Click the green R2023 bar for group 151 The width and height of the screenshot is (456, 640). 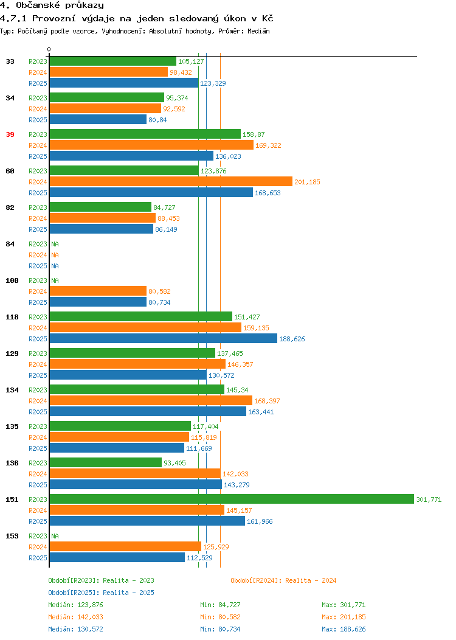(x=232, y=499)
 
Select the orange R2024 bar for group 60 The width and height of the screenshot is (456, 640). (x=171, y=182)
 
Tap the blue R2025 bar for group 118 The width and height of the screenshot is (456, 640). (x=163, y=338)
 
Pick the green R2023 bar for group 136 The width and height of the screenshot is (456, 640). (x=106, y=462)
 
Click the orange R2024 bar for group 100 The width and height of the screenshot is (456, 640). (x=98, y=291)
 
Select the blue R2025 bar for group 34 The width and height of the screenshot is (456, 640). (x=98, y=120)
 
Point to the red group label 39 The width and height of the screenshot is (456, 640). (x=10, y=134)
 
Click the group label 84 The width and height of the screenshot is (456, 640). (x=10, y=244)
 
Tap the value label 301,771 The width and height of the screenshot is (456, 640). (x=429, y=499)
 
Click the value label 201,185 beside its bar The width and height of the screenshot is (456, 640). (x=307, y=182)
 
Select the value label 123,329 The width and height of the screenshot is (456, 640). (x=213, y=83)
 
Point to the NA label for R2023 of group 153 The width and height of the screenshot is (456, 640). (x=55, y=536)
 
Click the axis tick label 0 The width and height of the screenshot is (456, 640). (x=49, y=49)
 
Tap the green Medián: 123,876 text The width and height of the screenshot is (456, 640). (x=75, y=605)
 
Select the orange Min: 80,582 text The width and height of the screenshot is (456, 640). (x=220, y=617)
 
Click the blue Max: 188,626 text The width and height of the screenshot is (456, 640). (x=344, y=630)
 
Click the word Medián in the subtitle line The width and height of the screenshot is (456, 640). (x=258, y=31)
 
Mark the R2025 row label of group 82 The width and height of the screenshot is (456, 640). (x=38, y=229)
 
